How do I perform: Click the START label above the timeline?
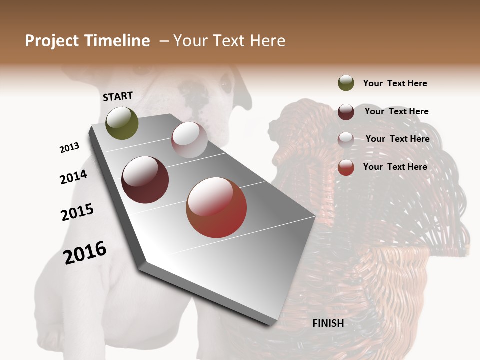tap(118, 96)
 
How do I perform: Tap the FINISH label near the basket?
tap(328, 323)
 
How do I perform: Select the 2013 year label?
tap(69, 148)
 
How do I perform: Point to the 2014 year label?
tap(73, 177)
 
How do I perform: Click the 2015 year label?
tap(77, 212)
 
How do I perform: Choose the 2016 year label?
tap(85, 253)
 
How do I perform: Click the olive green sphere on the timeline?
tap(122, 123)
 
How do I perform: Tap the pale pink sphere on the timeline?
tap(189, 140)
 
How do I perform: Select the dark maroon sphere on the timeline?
tap(145, 180)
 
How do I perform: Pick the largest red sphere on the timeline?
tap(216, 207)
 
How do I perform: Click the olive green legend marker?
tap(346, 83)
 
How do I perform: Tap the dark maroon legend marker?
tap(346, 111)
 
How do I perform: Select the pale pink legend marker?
tap(346, 139)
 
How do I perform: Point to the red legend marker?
tap(346, 167)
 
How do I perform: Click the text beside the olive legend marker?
tap(395, 83)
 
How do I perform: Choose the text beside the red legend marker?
tap(395, 167)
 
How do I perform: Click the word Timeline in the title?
tap(117, 41)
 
